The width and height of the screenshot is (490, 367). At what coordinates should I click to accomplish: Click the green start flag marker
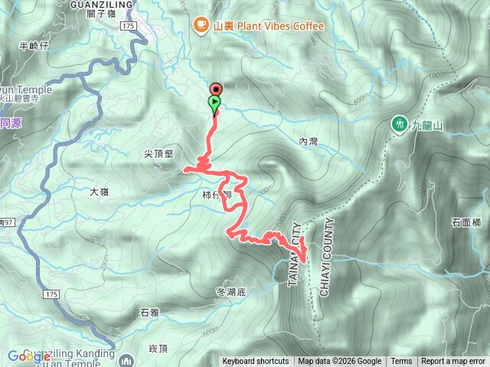point(215,102)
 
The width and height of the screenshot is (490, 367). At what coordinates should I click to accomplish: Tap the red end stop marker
point(215,89)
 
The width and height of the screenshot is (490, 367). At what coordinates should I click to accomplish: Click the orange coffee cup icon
point(201,25)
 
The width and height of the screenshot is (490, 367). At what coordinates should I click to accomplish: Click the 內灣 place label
point(308,141)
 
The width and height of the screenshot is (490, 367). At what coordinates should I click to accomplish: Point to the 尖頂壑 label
point(159,154)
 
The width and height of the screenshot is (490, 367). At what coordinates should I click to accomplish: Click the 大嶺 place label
point(99,192)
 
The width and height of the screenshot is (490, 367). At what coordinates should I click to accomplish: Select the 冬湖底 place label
point(230,291)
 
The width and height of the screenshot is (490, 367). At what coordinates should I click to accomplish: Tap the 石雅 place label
point(149,312)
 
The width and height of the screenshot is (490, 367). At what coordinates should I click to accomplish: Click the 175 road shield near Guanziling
point(127,26)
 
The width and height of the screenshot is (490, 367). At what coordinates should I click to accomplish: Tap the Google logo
point(29,356)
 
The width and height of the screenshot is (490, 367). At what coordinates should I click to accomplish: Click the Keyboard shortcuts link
point(256,362)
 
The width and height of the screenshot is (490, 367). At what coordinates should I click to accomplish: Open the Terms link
point(401,362)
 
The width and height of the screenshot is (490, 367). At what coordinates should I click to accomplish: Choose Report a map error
point(453,362)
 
